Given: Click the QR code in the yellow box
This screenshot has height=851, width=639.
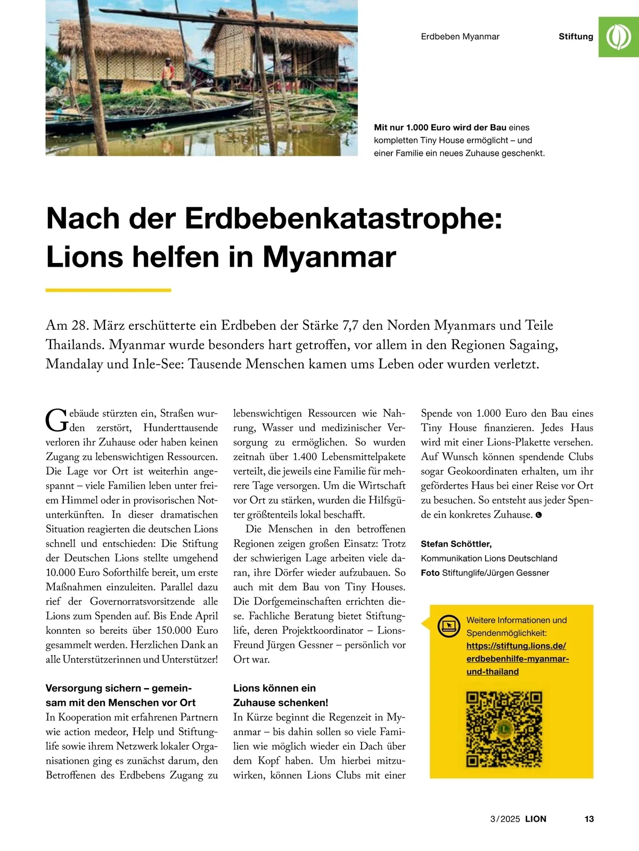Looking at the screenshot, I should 504,729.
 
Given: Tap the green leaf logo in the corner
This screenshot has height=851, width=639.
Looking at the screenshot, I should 619,37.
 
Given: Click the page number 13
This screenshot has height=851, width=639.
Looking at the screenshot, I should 589,819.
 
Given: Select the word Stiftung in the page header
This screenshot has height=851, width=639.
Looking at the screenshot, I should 576,37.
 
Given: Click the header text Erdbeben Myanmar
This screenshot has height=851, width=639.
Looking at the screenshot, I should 460,37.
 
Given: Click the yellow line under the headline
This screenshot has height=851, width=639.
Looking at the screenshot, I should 108,290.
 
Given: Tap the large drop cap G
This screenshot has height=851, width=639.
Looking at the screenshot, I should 56,420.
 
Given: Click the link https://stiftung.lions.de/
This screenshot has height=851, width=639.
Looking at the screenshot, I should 516,646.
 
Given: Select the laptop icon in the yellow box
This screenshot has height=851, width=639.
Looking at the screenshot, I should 448,626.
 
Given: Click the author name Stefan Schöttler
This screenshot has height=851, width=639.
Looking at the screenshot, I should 456,544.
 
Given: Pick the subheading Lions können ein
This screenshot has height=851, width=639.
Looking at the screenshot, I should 274,688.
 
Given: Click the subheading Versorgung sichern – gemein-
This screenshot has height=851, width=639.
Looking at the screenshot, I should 119,688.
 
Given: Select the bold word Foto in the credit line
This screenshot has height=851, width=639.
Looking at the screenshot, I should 430,573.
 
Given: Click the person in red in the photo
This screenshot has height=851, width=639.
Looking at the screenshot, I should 168,71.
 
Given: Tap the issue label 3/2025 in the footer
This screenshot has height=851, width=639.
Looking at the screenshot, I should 505,819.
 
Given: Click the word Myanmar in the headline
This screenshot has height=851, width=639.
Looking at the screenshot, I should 329,257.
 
